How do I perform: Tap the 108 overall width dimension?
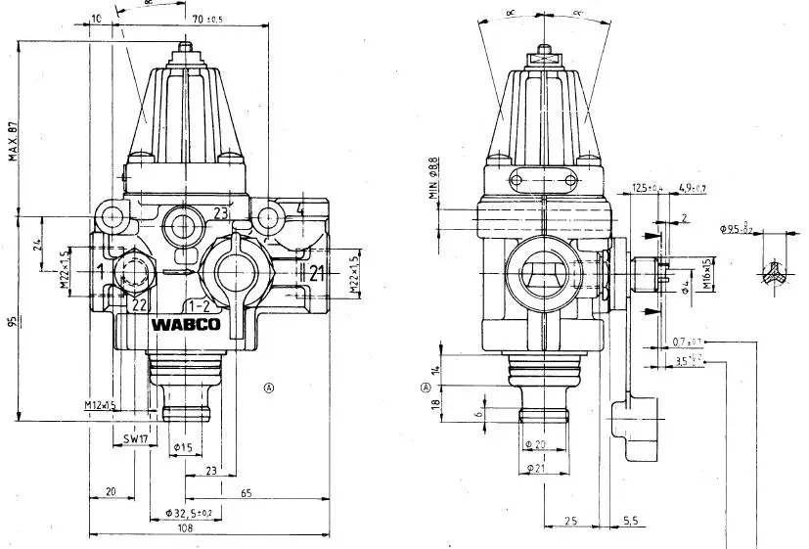click(x=185, y=528)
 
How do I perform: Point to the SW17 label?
click(x=135, y=440)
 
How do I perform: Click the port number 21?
click(x=316, y=274)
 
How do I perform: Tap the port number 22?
click(x=140, y=304)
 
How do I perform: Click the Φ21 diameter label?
click(x=534, y=468)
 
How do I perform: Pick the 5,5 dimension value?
click(x=630, y=521)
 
